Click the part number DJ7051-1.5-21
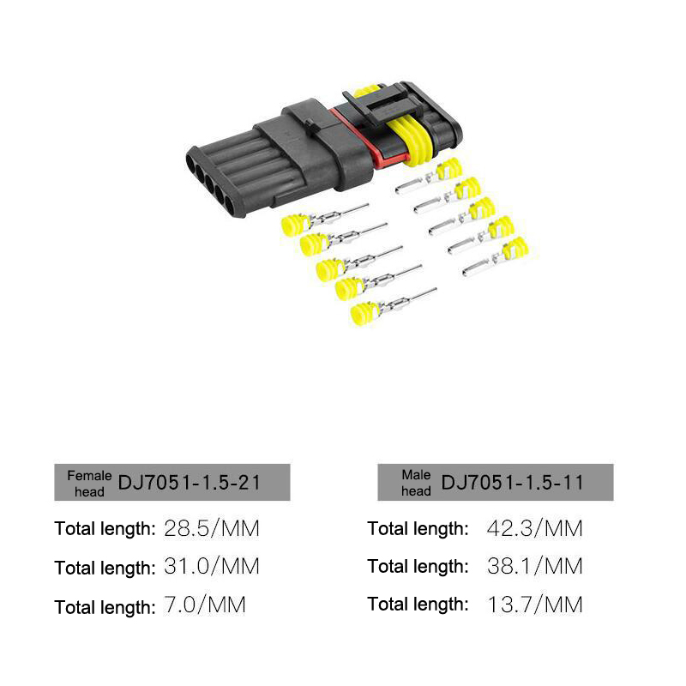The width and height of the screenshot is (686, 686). coord(189,483)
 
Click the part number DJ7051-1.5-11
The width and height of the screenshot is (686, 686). coord(512,483)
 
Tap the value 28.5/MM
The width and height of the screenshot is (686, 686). coord(212,528)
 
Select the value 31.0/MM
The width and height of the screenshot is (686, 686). coord(212,567)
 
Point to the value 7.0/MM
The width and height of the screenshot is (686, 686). coord(205,605)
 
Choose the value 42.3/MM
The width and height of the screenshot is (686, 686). coord(534,528)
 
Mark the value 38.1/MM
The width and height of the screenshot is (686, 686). coord(534,567)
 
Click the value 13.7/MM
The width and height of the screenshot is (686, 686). coord(534,605)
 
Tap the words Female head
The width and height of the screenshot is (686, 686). coord(89,484)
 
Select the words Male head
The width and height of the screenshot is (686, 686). coord(416,483)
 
